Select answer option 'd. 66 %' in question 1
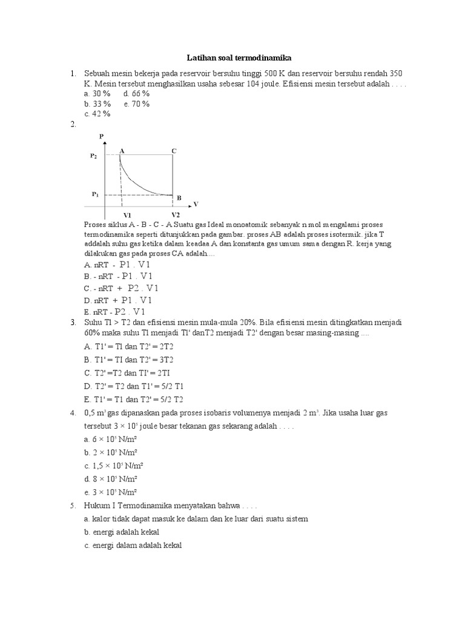(136, 94)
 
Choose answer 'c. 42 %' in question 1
(97, 113)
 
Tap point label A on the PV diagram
(122, 150)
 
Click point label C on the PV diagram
(174, 150)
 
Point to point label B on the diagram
(179, 198)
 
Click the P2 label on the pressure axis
(94, 156)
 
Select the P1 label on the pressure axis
(95, 194)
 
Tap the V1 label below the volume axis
(127, 215)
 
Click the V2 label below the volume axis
(175, 215)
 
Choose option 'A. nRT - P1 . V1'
(117, 265)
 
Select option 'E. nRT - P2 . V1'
(115, 311)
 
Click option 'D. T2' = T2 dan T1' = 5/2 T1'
(136, 385)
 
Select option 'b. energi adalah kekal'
(122, 532)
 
